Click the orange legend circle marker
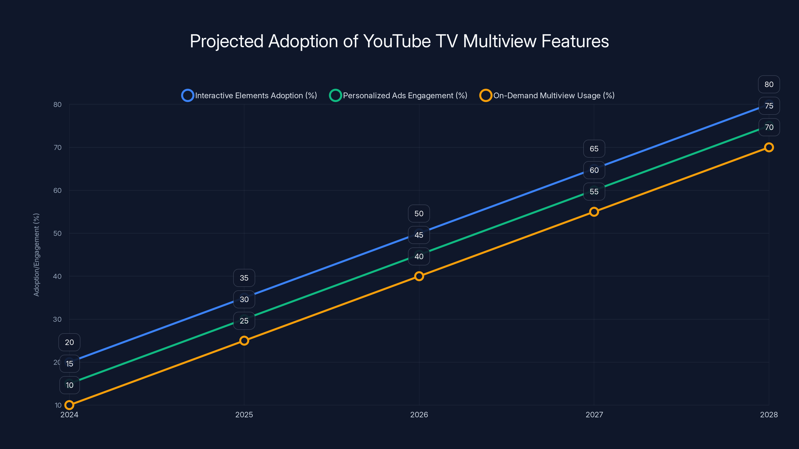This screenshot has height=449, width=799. click(x=486, y=96)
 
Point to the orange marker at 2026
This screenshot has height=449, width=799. click(x=419, y=276)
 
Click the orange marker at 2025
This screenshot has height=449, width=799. click(x=244, y=340)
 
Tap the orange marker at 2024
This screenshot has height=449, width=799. click(x=69, y=405)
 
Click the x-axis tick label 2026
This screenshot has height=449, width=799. click(x=419, y=415)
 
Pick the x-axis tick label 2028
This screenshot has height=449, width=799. click(x=769, y=415)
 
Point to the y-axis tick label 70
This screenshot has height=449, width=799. click(x=57, y=147)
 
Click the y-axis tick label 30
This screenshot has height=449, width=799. click(x=57, y=319)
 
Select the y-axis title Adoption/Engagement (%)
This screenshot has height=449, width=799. click(x=36, y=255)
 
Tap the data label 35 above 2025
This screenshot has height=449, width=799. click(x=244, y=278)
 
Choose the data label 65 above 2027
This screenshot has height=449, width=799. click(x=594, y=149)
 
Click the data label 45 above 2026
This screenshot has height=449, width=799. click(x=419, y=235)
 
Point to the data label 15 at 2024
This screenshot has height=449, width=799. click(x=69, y=363)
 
